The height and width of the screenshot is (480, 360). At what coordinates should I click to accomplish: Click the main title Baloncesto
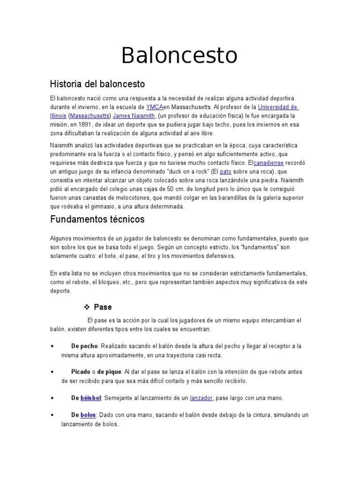[x=180, y=56]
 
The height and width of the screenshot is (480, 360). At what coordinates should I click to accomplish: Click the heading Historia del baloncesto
[x=97, y=84]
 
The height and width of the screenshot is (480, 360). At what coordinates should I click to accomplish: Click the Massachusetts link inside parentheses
[x=90, y=116]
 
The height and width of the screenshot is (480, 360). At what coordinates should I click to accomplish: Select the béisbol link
[x=91, y=398]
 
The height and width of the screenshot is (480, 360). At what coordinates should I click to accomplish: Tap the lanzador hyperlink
[x=201, y=398]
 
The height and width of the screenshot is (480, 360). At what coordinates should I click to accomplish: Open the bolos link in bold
[x=88, y=415]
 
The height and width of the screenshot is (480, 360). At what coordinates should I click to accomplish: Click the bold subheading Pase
[x=103, y=307]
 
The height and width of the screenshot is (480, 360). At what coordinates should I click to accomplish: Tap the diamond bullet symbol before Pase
[x=86, y=307]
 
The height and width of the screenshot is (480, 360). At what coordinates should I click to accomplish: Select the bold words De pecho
[x=84, y=346]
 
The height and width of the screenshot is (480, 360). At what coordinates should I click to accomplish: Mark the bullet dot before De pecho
[x=51, y=346]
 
